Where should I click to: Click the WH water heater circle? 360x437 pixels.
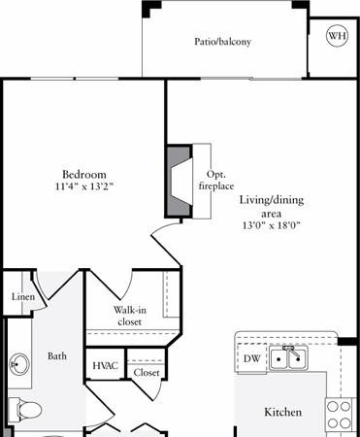coord(337,36)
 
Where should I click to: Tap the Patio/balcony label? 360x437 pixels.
coord(222,42)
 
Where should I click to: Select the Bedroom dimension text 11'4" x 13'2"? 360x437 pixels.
coord(84,186)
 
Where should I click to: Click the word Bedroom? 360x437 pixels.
coord(84,175)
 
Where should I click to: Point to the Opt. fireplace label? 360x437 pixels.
coord(216,180)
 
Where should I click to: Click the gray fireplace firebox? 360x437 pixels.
coord(179,181)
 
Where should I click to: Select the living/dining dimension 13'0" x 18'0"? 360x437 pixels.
coord(272,225)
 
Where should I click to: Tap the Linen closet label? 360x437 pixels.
coord(23,296)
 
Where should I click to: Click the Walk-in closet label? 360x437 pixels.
coord(130,316)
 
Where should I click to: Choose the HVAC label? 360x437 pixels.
coord(105,366)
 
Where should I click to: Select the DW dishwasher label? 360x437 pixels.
coord(252,358)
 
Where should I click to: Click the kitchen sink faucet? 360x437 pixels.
coord(290,352)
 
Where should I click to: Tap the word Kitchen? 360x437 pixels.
coord(283,412)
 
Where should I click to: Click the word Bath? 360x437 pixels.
coord(57,356)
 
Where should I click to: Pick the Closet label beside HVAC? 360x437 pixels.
coord(147,373)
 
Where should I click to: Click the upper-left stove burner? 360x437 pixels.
coord(332,407)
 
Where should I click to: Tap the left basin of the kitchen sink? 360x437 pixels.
coord(278,358)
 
